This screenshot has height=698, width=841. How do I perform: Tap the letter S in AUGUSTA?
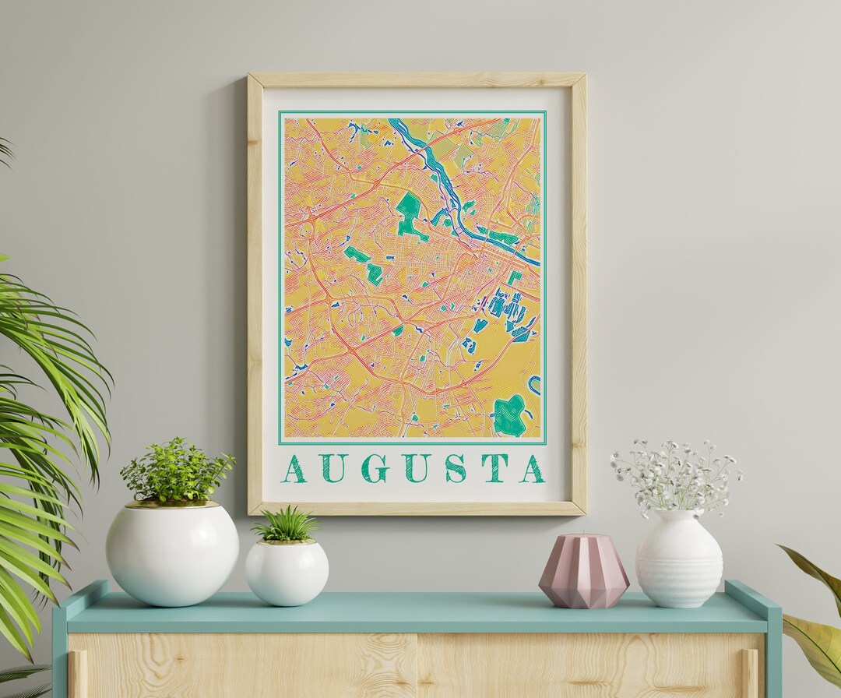click(x=456, y=469)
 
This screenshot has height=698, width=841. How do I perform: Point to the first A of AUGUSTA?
click(x=294, y=469)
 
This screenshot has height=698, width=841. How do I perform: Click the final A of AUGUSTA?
click(x=533, y=469)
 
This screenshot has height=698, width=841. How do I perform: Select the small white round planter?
click(x=287, y=572)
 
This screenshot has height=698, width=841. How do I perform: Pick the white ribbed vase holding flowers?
click(x=678, y=559)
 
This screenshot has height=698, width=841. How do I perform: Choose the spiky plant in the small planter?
click(x=286, y=525)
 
